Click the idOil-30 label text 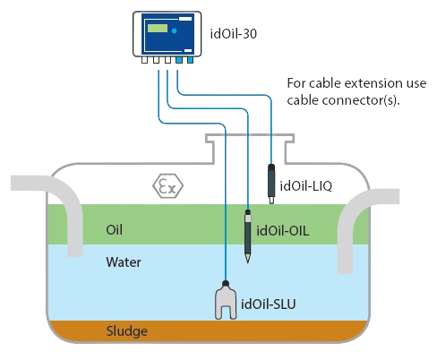(234, 34)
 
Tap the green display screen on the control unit (158, 29)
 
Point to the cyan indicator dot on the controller (175, 30)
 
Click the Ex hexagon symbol (167, 185)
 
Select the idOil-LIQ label (305, 186)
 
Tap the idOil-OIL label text (283, 231)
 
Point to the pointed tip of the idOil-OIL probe (247, 262)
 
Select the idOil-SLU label (268, 304)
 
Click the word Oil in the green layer (114, 230)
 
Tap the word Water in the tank (124, 262)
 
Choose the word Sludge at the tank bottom (127, 331)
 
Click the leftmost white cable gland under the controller (144, 60)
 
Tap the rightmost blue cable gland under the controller (190, 60)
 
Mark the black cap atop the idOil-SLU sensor (226, 283)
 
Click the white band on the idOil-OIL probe (248, 219)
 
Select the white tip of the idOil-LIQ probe (271, 200)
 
